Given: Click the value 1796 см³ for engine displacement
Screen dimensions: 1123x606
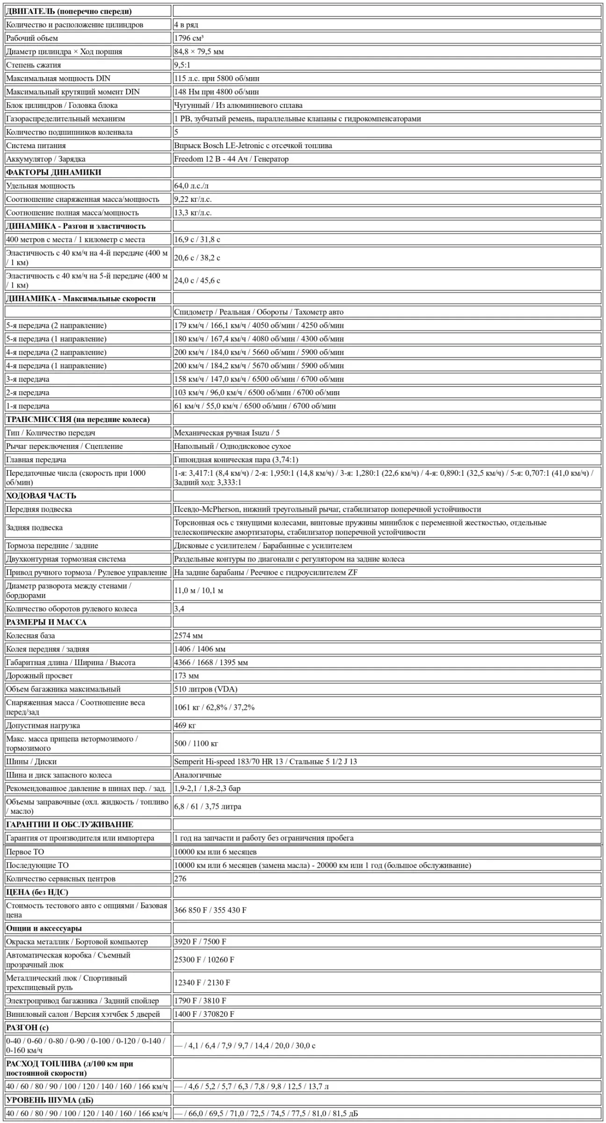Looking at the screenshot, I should click(189, 38).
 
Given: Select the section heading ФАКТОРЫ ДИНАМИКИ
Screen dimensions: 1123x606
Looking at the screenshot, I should click(53, 172).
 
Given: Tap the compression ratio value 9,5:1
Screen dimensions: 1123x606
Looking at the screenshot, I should click(182, 65).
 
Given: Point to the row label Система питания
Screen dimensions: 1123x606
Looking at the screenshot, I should click(36, 145).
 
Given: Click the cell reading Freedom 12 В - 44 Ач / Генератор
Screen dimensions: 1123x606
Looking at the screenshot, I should click(231, 159).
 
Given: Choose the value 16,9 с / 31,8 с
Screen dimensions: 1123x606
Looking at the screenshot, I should click(197, 239).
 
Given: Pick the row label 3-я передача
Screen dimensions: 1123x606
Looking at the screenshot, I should click(28, 379).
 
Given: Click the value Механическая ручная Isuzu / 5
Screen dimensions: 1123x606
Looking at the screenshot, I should click(227, 433).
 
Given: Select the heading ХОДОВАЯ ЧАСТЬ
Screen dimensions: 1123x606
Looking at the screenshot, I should click(41, 496).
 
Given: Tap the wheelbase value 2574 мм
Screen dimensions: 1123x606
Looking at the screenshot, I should click(188, 636).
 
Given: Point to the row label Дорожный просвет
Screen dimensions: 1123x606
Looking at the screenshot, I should click(39, 676).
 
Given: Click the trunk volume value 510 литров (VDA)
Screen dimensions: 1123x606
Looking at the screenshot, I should click(206, 689).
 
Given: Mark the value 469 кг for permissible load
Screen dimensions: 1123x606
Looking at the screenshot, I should click(185, 726).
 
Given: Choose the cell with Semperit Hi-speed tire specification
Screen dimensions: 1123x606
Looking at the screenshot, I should click(265, 762).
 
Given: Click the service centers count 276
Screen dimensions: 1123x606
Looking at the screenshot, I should click(180, 879).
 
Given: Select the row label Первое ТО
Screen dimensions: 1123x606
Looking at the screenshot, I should click(25, 852).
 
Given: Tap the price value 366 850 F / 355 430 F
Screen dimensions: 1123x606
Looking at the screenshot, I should click(210, 910).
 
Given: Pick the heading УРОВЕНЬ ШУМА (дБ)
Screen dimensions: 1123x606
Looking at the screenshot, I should click(50, 1100).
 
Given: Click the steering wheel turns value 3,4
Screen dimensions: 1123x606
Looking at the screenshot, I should click(179, 609).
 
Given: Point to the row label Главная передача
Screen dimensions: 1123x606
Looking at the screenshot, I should click(36, 460).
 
